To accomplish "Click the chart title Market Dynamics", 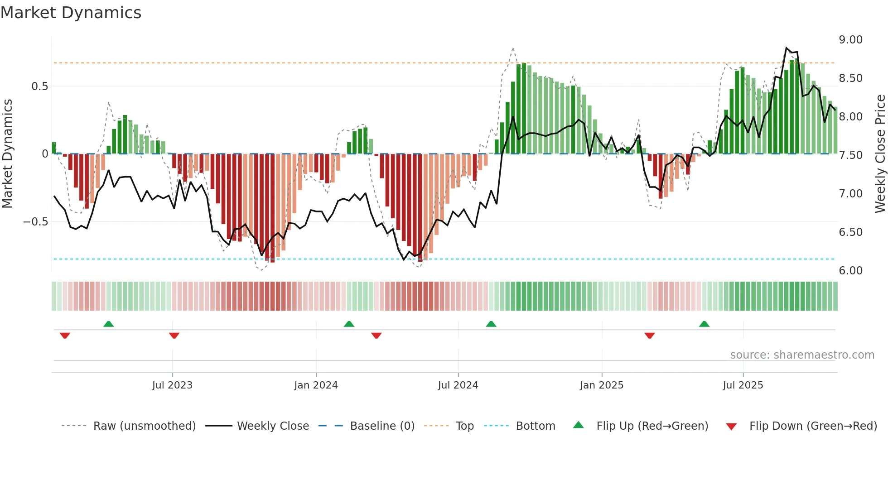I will (x=71, y=13).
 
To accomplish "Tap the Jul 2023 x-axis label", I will (x=172, y=385).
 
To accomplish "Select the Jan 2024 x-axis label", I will (x=316, y=385).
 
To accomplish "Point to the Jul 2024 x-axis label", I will (x=458, y=385).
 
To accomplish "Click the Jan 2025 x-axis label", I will (x=602, y=385).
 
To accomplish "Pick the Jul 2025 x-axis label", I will (x=743, y=385).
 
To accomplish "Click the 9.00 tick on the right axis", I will (x=851, y=40).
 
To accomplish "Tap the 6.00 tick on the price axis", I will (x=851, y=271).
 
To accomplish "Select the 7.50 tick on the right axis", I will (x=851, y=155).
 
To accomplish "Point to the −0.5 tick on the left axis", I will (x=36, y=222).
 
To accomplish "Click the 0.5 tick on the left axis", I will (x=39, y=86).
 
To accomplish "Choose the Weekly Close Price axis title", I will (x=880, y=154).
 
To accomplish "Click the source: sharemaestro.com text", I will (x=802, y=355).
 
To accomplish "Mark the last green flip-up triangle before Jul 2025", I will (x=704, y=324).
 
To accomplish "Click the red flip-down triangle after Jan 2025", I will (x=650, y=336).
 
